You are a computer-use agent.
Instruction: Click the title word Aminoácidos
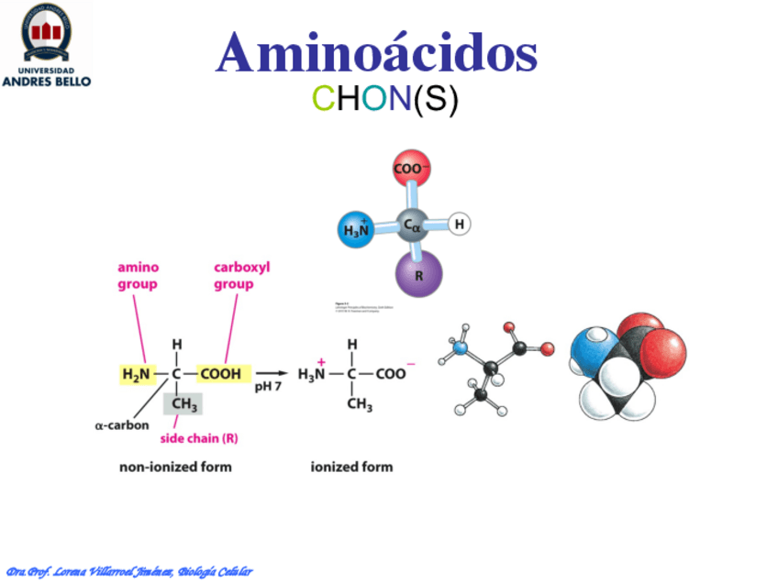pyautogui.click(x=376, y=53)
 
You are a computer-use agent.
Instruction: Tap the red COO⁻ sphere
pyautogui.click(x=412, y=169)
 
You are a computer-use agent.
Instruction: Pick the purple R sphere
pyautogui.click(x=419, y=273)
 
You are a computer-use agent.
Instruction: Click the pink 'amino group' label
pyautogui.click(x=138, y=276)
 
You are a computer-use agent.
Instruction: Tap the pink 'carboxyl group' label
pyautogui.click(x=241, y=276)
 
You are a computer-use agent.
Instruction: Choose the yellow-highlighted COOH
pyautogui.click(x=220, y=374)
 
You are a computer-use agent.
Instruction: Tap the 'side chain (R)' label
pyautogui.click(x=198, y=438)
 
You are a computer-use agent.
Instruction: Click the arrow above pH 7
pyautogui.click(x=271, y=373)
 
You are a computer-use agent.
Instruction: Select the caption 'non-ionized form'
pyautogui.click(x=175, y=467)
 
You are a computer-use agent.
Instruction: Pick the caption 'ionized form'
pyautogui.click(x=351, y=467)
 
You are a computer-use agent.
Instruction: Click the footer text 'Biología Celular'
pyautogui.click(x=215, y=572)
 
